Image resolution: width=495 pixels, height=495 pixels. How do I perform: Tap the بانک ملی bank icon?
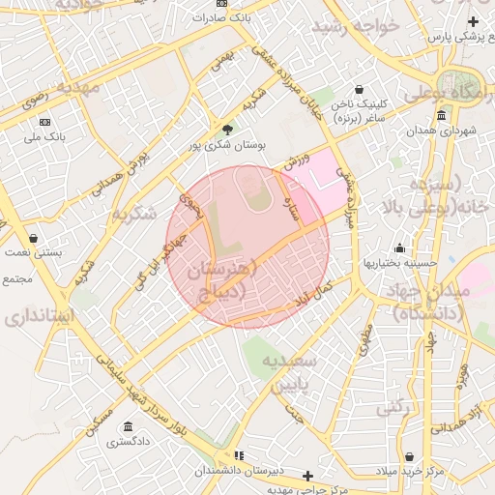click(x=45, y=122)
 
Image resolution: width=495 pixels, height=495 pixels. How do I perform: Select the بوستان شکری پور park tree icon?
click(x=227, y=130)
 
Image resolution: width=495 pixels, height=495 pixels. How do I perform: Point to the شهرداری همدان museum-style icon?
click(x=442, y=116)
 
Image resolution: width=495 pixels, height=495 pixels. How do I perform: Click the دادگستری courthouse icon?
click(x=128, y=427)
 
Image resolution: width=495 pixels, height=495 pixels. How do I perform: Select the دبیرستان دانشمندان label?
click(x=238, y=471)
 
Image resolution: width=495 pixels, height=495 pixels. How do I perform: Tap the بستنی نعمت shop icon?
click(x=34, y=238)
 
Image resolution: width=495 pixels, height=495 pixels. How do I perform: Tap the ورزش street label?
click(x=296, y=161)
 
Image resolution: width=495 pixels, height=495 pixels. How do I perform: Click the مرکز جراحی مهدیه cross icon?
click(x=307, y=476)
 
